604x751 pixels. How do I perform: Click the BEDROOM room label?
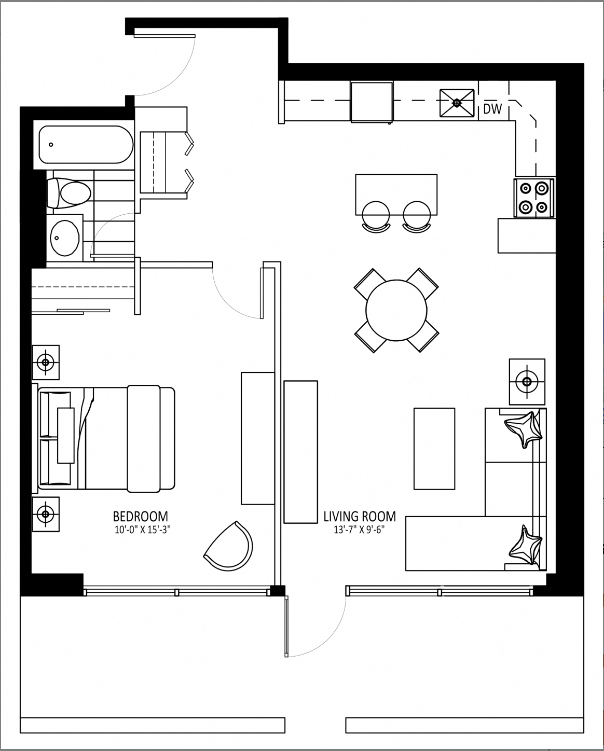click(x=140, y=516)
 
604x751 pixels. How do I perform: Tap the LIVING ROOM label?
click(x=360, y=516)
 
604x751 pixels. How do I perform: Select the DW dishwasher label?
click(x=492, y=109)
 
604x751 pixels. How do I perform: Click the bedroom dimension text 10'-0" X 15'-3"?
click(x=143, y=530)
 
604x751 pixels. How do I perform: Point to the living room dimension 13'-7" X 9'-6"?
click(x=359, y=530)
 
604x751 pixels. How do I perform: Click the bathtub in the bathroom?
click(x=86, y=145)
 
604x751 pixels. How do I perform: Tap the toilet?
click(x=69, y=192)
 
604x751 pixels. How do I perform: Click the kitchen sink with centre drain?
click(x=457, y=103)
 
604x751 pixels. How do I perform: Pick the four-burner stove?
click(x=533, y=198)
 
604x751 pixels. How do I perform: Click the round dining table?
click(x=396, y=310)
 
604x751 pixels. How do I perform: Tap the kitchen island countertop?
click(x=396, y=194)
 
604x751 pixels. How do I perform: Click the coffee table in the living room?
click(x=434, y=449)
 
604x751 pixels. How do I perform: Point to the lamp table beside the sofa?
click(x=527, y=381)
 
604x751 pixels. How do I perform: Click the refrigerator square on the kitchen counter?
click(x=372, y=102)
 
